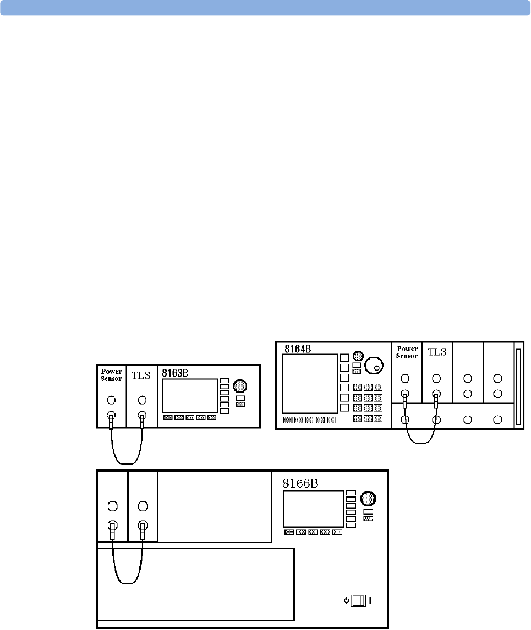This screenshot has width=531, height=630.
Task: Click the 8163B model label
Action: tap(175, 373)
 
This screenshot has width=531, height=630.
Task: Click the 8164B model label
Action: tap(298, 349)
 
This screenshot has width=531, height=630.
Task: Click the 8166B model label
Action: tap(300, 483)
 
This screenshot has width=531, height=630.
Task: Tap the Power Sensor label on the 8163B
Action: tap(111, 375)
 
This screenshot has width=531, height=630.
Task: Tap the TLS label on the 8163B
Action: tap(141, 375)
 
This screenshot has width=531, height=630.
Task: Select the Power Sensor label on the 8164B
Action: tap(407, 352)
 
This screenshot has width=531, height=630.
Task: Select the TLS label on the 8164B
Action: tap(437, 352)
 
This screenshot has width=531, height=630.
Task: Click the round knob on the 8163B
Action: tap(240, 386)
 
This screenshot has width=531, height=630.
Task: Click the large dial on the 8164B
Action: tap(374, 365)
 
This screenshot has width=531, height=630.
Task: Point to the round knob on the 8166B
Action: tap(368, 499)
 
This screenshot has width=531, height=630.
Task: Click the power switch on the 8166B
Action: tap(358, 601)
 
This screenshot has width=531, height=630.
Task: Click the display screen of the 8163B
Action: tap(190, 396)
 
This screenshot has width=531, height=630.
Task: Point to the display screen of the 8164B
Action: tap(310, 384)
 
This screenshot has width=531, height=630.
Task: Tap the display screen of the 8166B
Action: tap(313, 509)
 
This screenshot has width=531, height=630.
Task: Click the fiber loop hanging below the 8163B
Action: tap(127, 463)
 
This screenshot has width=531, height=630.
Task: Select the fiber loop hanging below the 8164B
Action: tap(420, 443)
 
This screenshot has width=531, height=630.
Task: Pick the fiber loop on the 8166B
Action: tap(127, 583)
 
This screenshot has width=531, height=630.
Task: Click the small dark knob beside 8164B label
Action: tap(358, 356)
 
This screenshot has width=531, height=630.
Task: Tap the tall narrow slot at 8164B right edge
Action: tap(518, 386)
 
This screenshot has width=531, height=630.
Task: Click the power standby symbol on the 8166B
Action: tap(346, 601)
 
